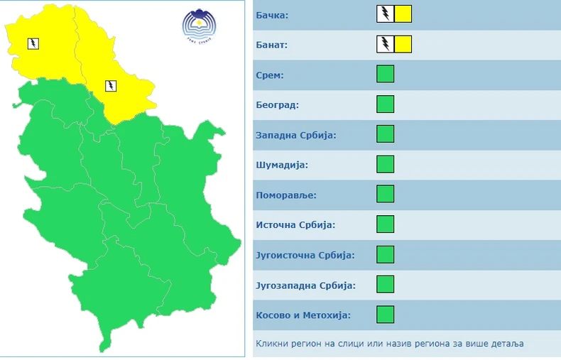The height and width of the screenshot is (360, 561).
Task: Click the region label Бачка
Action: pyautogui.click(x=273, y=14)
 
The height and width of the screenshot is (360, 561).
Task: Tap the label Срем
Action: pyautogui.click(x=270, y=75)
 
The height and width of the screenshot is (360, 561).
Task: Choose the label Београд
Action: pyautogui.click(x=278, y=105)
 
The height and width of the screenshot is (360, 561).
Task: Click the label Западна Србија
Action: pyautogui.click(x=295, y=135)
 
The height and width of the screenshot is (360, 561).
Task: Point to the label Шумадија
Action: pyautogui.click(x=281, y=165)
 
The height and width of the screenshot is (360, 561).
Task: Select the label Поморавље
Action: pyautogui.click(x=286, y=195)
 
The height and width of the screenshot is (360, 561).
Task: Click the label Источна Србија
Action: pyautogui.click(x=295, y=225)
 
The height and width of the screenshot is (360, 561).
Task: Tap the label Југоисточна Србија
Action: pyautogui.click(x=304, y=255)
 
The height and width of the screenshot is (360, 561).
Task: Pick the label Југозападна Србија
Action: pyautogui.click(x=305, y=285)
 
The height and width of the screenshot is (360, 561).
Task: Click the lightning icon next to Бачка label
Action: pyautogui.click(x=385, y=14)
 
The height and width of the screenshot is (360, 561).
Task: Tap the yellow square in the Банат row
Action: pyautogui.click(x=403, y=44)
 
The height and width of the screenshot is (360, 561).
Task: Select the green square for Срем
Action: pyautogui.click(x=385, y=74)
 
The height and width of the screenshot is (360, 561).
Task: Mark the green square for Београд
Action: pyautogui.click(x=385, y=104)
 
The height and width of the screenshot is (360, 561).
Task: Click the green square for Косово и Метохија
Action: pyautogui.click(x=385, y=315)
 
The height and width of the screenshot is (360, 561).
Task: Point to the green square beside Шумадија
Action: pyautogui.click(x=385, y=164)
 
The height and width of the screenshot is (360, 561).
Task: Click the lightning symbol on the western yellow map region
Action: pyautogui.click(x=33, y=44)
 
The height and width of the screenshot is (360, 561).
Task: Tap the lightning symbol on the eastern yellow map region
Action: pyautogui.click(x=111, y=87)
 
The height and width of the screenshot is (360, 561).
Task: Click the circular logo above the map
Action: pyautogui.click(x=197, y=27)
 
